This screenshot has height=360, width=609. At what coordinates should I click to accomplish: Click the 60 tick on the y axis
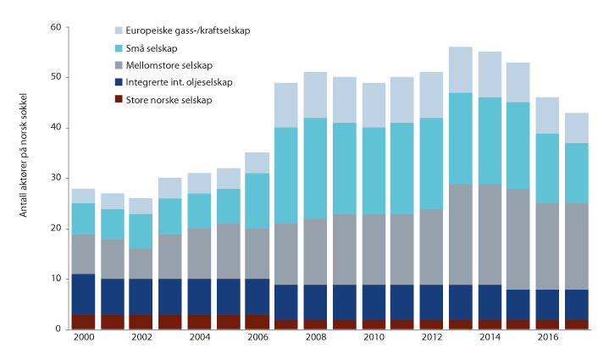56,27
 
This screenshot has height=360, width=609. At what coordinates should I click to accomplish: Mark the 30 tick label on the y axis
56,178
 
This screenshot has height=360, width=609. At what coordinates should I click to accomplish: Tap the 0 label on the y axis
58,329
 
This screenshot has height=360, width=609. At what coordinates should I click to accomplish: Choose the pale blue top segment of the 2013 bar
460,69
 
